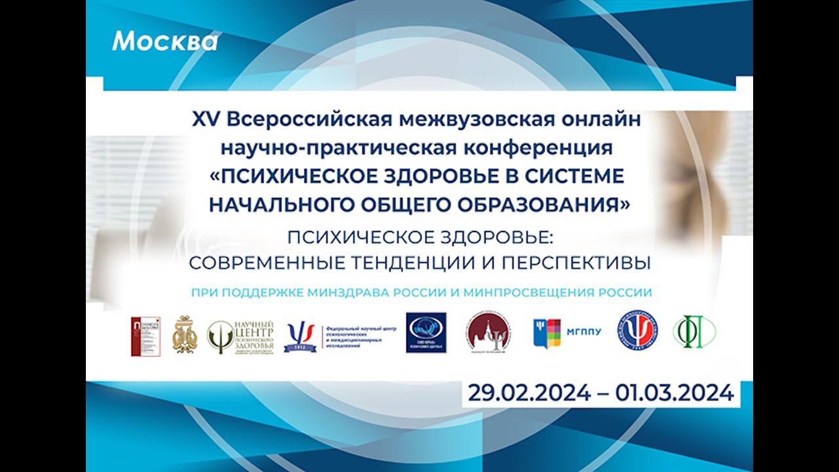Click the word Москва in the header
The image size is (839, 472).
(x=165, y=42)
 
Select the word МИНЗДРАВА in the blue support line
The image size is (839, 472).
(x=353, y=293)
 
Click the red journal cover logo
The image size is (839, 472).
(x=145, y=336)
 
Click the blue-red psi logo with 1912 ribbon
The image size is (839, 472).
(x=300, y=336)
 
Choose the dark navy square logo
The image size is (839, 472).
(x=426, y=332)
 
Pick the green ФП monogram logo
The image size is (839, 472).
(x=694, y=332)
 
